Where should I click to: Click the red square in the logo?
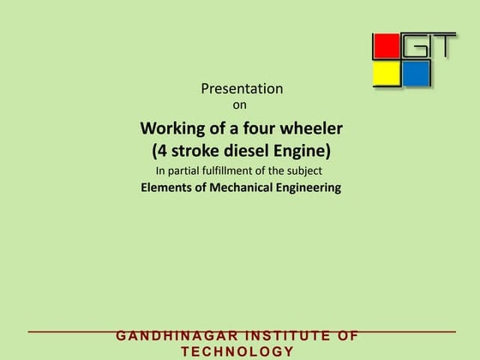pyautogui.click(x=386, y=46)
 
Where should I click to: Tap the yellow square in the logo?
pyautogui.click(x=386, y=74)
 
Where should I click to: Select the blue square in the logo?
pyautogui.click(x=416, y=74)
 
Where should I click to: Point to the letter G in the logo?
pyautogui.click(x=415, y=45)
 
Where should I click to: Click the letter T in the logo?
pyautogui.click(x=442, y=45)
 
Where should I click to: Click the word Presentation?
pyautogui.click(x=242, y=88)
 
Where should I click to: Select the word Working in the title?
pyautogui.click(x=171, y=129)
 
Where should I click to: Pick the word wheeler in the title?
pyautogui.click(x=315, y=129)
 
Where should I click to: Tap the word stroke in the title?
pyautogui.click(x=189, y=151)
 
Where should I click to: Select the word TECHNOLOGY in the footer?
pyautogui.click(x=238, y=351)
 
